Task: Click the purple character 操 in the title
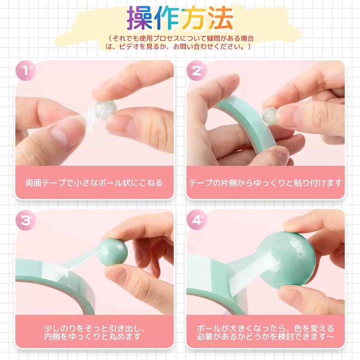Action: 140,18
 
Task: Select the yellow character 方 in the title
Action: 194,18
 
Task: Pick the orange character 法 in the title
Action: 221,18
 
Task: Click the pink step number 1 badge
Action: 25,70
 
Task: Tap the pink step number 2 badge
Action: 197,70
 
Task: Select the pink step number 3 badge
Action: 25,220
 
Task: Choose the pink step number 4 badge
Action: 197,220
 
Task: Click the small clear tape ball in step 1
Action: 105,110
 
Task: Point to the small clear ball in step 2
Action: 270,116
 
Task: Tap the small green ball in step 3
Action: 112,252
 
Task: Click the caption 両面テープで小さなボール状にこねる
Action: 94,183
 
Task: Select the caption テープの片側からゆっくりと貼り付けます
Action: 265,183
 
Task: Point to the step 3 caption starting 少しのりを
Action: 94,332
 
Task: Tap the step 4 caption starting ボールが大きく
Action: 265,332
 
